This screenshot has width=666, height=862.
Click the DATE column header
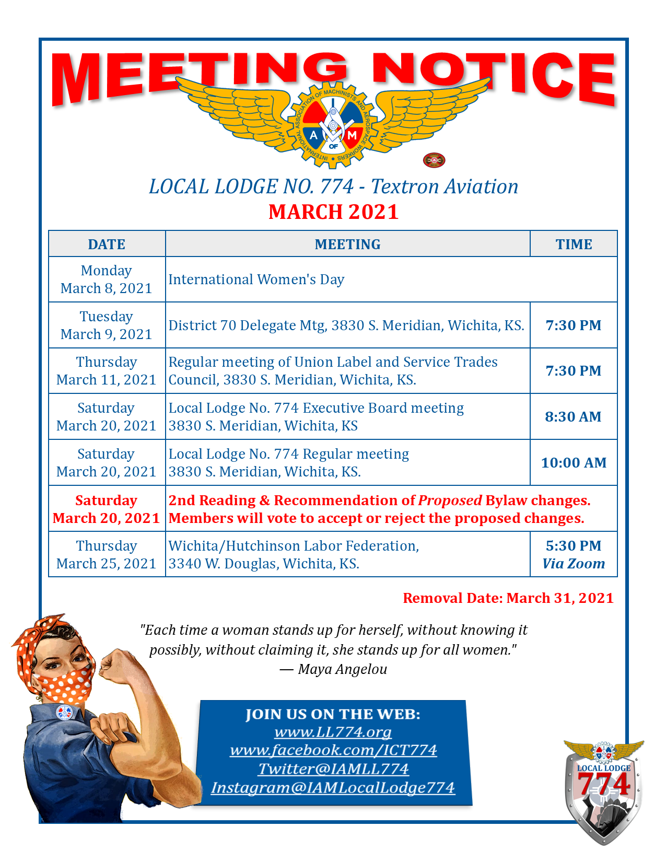(x=107, y=244)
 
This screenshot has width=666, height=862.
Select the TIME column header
(x=574, y=244)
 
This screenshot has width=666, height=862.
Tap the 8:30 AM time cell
(x=573, y=416)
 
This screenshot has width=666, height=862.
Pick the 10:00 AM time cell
(x=574, y=462)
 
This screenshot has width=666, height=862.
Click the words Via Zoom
(x=574, y=564)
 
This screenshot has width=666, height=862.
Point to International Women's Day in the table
(x=256, y=279)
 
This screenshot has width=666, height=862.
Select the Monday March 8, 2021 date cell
(x=107, y=279)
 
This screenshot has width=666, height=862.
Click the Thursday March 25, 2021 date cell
(x=107, y=554)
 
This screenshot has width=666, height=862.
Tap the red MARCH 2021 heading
(x=333, y=212)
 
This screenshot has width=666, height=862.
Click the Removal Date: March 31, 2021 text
(x=508, y=598)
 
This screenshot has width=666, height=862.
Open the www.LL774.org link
(x=333, y=731)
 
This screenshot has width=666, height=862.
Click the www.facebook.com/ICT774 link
(x=333, y=750)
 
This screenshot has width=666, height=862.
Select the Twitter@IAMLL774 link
(x=333, y=769)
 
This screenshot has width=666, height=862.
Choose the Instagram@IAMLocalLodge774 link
(x=333, y=787)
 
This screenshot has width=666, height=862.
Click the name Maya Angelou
(x=343, y=669)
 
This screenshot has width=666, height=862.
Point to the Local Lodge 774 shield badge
(x=603, y=789)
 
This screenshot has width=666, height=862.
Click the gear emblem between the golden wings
(x=333, y=125)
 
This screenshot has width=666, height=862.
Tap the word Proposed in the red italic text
(x=450, y=500)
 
